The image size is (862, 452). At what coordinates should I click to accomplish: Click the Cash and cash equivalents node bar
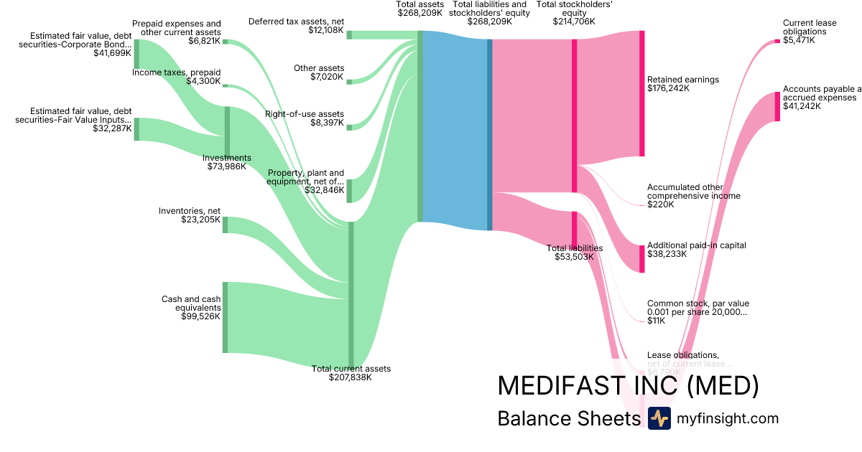click(x=225, y=317)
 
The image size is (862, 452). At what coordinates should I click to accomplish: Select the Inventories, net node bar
click(x=225, y=225)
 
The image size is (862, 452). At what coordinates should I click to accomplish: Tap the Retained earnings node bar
click(x=641, y=93)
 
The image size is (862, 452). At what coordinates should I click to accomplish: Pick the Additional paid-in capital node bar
click(x=641, y=258)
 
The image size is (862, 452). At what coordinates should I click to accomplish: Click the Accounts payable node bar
click(x=777, y=106)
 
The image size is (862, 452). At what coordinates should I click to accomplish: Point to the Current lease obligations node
click(x=777, y=41)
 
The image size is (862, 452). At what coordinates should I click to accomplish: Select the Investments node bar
click(x=228, y=131)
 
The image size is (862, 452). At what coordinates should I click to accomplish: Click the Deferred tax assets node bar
click(x=349, y=34)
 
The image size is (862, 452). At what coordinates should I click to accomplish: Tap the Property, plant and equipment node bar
click(x=349, y=191)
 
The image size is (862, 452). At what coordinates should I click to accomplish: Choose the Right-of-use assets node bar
click(x=349, y=128)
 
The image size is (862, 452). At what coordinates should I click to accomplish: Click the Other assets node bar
click(x=349, y=82)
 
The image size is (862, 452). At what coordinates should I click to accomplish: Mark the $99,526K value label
click(x=200, y=316)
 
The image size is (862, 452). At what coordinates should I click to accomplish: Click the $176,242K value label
click(x=668, y=89)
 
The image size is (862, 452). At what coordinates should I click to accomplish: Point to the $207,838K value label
click(x=351, y=377)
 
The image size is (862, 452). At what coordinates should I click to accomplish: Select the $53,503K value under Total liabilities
click(x=575, y=257)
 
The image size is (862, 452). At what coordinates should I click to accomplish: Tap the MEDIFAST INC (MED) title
click(x=628, y=386)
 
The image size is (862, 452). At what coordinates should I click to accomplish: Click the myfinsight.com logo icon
click(x=659, y=418)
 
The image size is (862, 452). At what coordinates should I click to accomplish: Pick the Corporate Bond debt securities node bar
click(x=136, y=54)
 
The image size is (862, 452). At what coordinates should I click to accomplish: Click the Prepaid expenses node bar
click(x=225, y=42)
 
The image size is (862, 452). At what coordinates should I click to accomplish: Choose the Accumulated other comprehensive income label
click(x=693, y=191)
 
